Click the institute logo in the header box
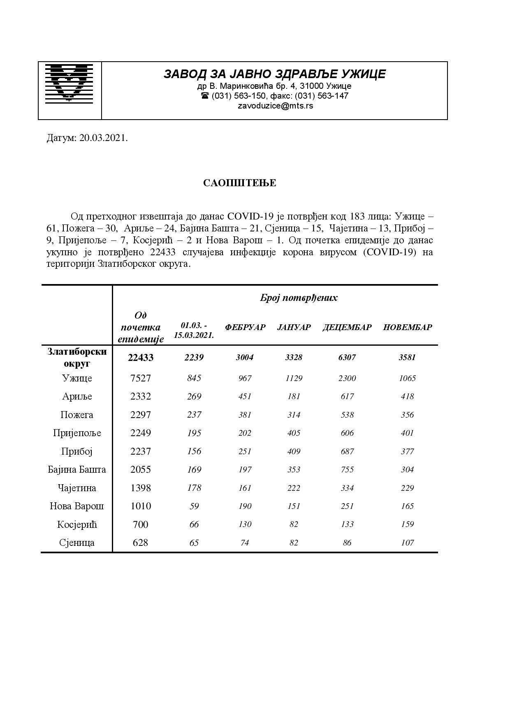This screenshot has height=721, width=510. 69,83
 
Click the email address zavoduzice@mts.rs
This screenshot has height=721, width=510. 275,106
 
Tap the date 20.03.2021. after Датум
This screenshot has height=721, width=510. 104,138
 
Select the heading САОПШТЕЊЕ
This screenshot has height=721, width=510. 239,183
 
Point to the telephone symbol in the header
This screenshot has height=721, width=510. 204,96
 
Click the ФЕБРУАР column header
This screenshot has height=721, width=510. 245,327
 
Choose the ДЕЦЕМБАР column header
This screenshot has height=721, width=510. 347,327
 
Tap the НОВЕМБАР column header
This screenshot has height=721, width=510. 407,327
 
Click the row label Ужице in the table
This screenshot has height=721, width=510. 77,378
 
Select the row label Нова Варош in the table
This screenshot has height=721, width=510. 77,506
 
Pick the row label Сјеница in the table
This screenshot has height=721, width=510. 77,543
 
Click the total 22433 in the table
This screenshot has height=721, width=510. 141,358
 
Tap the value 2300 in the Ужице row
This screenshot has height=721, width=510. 347,378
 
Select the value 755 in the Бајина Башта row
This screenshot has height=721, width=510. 347,469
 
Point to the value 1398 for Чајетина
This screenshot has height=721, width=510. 141,488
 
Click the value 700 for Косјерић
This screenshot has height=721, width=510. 141,525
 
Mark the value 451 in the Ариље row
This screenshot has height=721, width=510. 245,396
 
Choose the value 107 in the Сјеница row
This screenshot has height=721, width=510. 407,543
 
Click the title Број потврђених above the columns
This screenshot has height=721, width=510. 299,298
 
